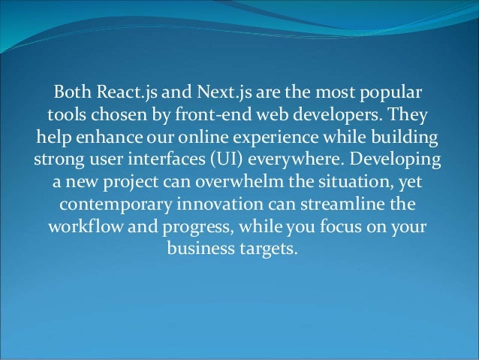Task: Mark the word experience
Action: (x=288, y=141)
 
